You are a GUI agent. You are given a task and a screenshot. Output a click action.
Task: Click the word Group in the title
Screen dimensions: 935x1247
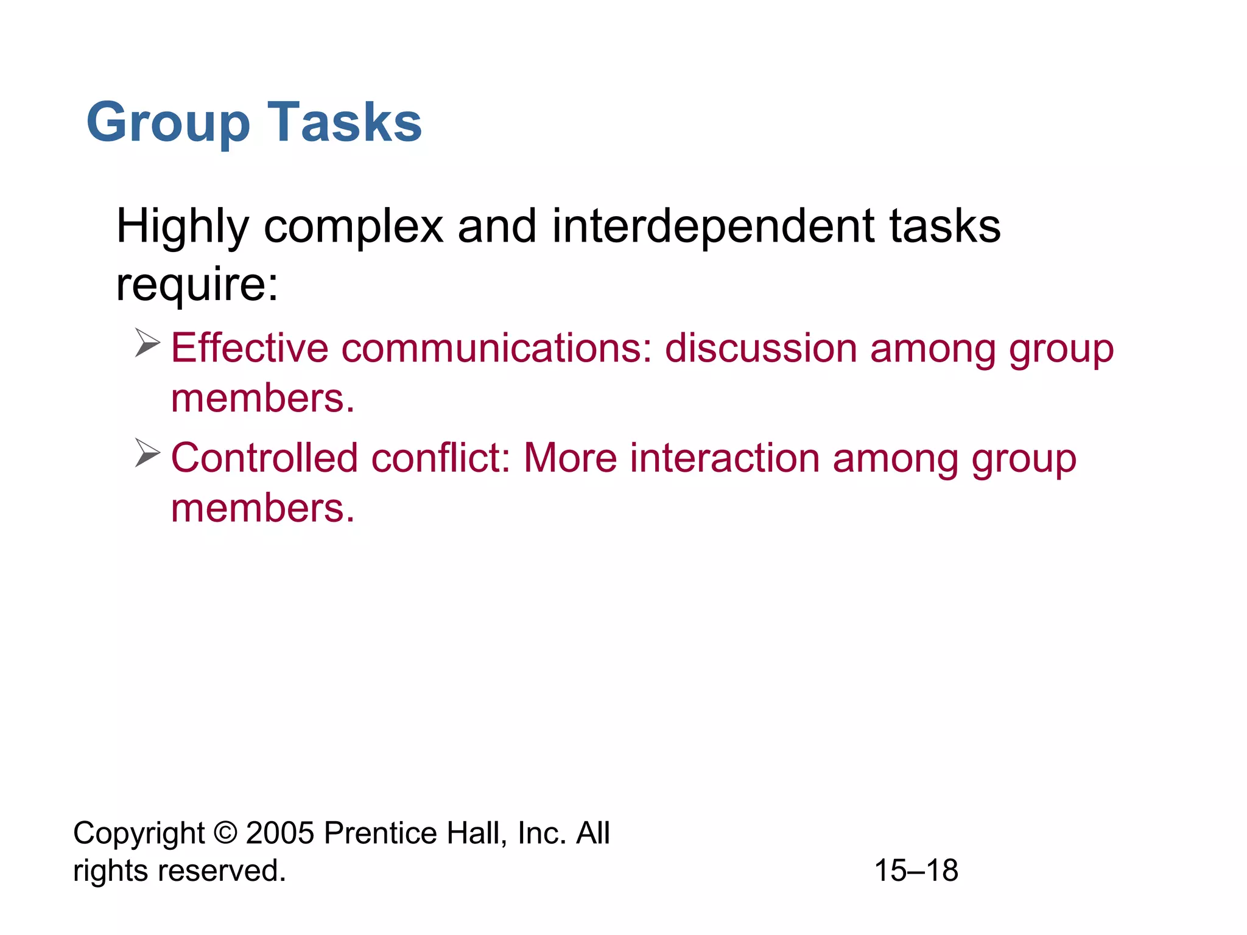168,124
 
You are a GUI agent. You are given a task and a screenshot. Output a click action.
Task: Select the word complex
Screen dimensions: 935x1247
353,226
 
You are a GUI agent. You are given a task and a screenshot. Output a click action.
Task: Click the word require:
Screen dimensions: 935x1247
197,284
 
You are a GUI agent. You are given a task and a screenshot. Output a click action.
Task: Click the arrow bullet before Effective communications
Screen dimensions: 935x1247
147,343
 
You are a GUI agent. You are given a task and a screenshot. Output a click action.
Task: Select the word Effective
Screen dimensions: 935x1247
250,348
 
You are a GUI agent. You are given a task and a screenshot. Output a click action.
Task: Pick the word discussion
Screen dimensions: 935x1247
761,348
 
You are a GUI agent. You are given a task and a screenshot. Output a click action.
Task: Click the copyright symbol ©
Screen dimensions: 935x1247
225,833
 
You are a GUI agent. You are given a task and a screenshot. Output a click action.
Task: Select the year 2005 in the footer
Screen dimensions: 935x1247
280,833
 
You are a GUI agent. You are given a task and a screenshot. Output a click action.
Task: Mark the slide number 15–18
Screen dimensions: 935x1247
916,870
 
